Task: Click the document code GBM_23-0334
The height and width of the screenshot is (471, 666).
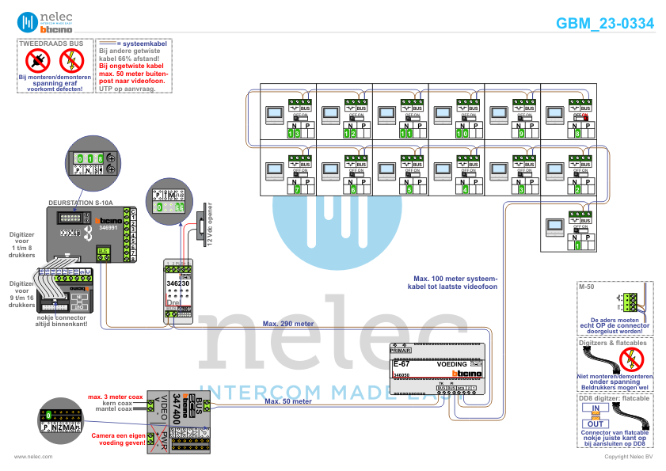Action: (x=605, y=24)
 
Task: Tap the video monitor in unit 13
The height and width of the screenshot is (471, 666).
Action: (x=274, y=116)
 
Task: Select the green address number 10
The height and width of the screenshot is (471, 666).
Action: (x=461, y=135)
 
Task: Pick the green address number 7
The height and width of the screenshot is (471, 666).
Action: (x=295, y=190)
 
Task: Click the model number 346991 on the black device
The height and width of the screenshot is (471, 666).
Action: (x=107, y=226)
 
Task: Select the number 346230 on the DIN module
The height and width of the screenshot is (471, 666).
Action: (x=177, y=283)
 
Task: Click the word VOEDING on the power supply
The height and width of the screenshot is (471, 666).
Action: (x=452, y=364)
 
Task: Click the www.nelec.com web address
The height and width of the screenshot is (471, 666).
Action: (x=33, y=457)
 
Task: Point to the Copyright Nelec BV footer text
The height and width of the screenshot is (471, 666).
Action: (x=628, y=457)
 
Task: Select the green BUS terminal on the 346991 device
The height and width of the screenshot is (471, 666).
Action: (x=103, y=252)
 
